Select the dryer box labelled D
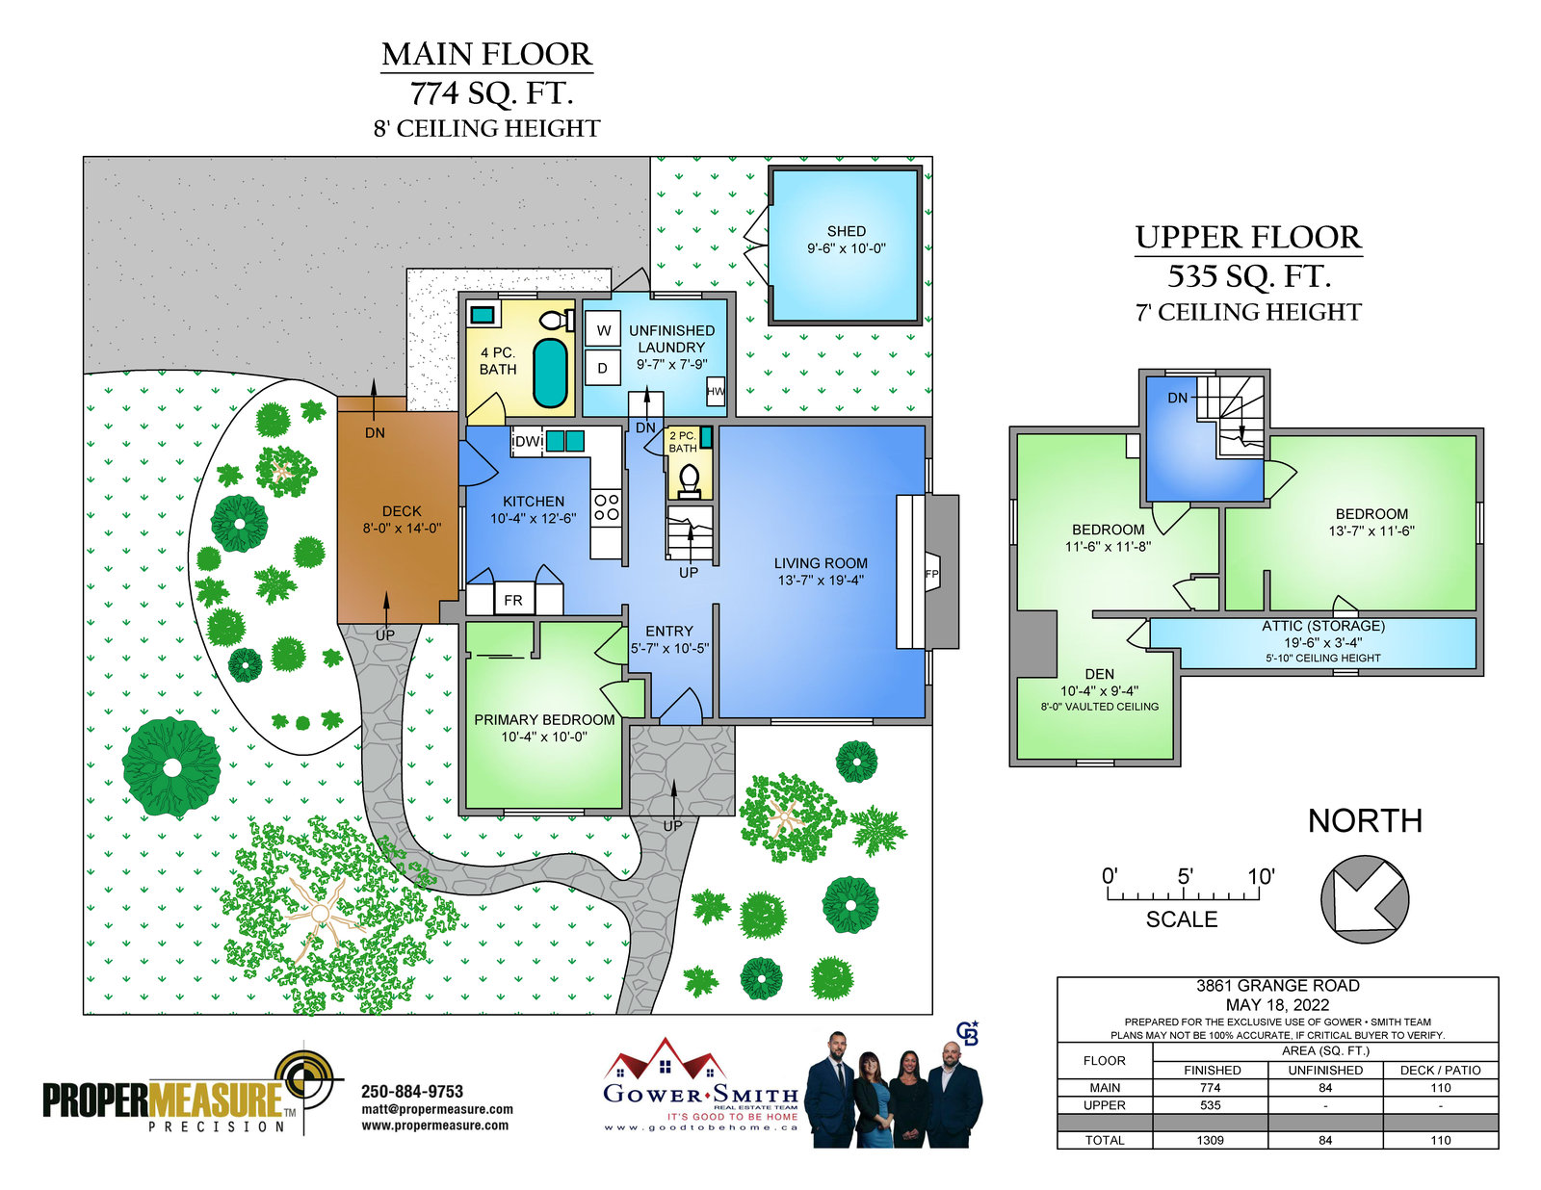602,368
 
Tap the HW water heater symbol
716,391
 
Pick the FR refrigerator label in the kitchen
512,601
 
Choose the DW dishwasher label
529,442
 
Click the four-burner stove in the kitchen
607,507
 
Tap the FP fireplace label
931,574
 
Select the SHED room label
846,231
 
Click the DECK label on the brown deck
402,511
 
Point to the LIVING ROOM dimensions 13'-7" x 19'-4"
821,581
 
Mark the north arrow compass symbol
1364,899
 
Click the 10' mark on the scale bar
1260,877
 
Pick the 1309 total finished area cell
1210,1140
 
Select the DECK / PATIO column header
1440,1071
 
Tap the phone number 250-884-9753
412,1092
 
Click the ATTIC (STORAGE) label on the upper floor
1322,626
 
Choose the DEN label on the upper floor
1099,674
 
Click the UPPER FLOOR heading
1248,238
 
